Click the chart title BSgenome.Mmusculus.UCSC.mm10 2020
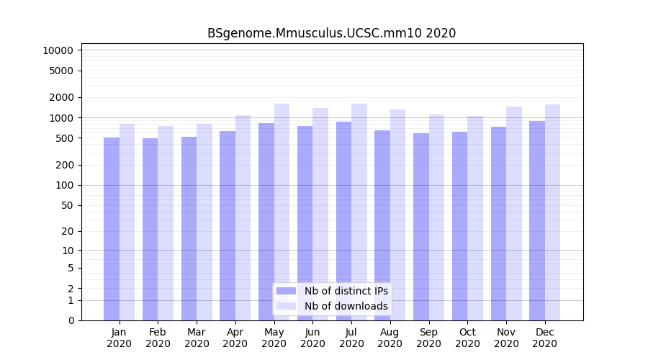(x=331, y=33)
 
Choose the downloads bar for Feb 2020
(x=166, y=223)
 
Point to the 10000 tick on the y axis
(x=58, y=50)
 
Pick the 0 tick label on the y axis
(x=71, y=320)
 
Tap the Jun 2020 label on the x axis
(x=312, y=338)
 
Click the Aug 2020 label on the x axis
(x=390, y=338)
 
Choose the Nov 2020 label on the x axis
(x=506, y=338)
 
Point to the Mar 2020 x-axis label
(x=197, y=338)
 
